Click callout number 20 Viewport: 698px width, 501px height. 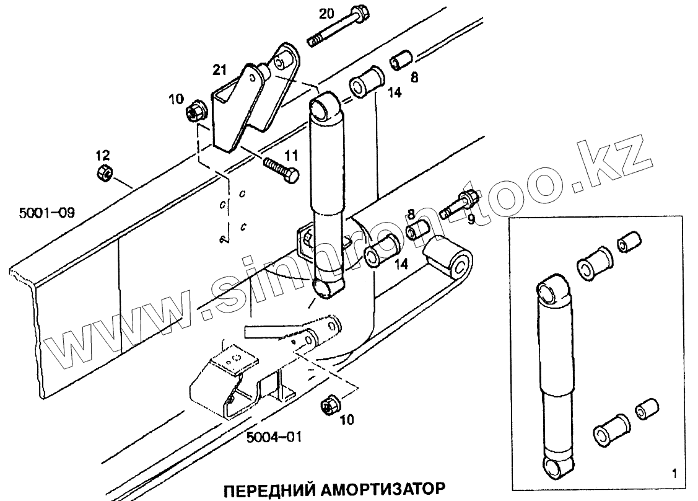pyautogui.click(x=326, y=13)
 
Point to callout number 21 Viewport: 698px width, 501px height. pyautogui.click(x=220, y=71)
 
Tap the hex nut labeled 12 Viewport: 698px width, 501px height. pyautogui.click(x=103, y=173)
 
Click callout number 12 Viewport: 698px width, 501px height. pyautogui.click(x=102, y=154)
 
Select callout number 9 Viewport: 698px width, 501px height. pyautogui.click(x=472, y=219)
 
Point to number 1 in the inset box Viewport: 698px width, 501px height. pyautogui.click(x=673, y=475)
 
